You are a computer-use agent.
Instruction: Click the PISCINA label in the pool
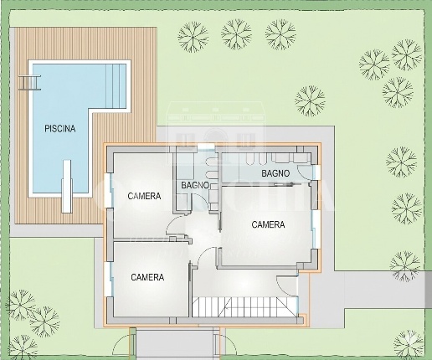point(60,129)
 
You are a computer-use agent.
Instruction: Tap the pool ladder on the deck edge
point(29,83)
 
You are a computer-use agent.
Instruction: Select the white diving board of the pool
point(67,187)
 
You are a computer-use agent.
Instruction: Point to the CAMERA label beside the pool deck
point(144,196)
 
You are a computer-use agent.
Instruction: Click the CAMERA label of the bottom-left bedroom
point(147,277)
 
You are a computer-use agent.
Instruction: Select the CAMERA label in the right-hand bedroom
point(268,224)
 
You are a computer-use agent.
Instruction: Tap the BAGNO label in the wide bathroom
point(275,173)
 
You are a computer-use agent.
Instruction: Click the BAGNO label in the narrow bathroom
point(195,185)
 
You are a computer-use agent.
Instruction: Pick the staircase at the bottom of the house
point(245,306)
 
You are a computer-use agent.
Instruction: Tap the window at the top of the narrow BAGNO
point(206,147)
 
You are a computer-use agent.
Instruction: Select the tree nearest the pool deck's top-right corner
point(193,37)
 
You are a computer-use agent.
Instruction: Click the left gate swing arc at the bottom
point(121,344)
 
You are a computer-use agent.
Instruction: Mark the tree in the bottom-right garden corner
point(409,345)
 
